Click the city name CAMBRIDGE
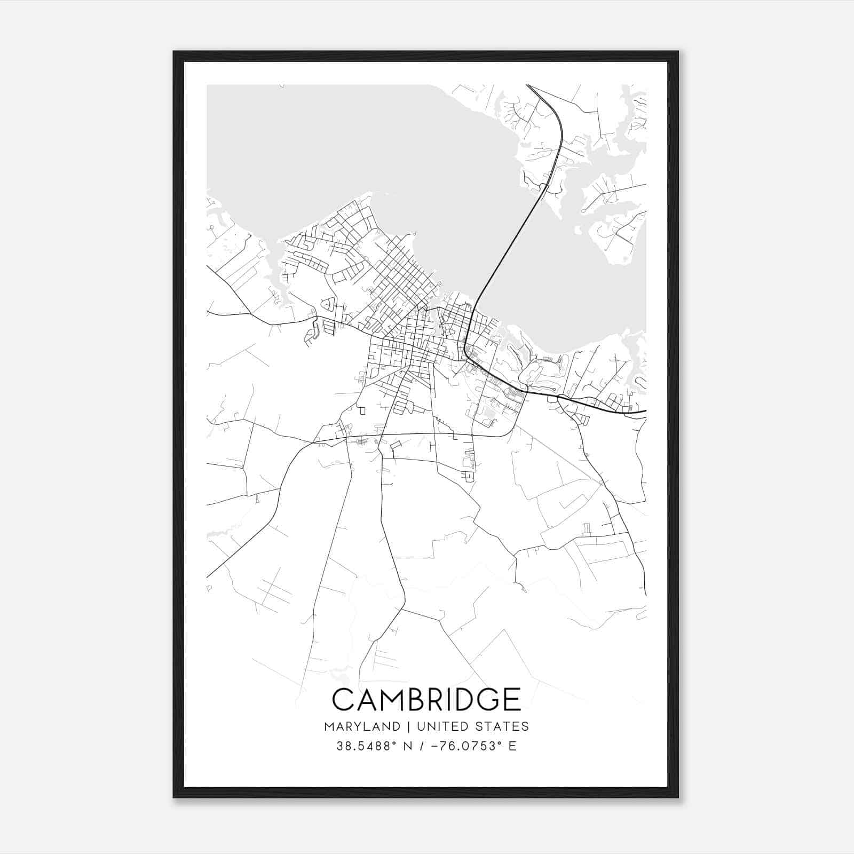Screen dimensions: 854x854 point(426,699)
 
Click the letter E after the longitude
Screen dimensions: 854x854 point(512,746)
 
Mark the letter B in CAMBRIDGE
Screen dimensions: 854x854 point(416,699)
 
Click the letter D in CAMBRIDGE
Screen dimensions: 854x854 point(458,699)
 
